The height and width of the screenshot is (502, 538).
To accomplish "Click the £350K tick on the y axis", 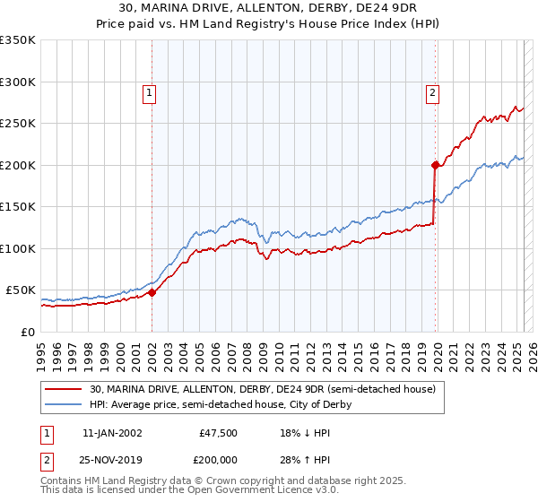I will [18, 40].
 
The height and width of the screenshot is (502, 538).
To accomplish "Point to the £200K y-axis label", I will [18, 165].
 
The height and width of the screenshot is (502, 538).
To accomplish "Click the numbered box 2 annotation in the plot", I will [432, 91].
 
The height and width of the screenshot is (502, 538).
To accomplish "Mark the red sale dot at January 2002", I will [152, 291].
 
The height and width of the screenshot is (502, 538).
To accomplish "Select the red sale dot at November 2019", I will [435, 165].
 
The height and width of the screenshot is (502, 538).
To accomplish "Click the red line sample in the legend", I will [65, 389].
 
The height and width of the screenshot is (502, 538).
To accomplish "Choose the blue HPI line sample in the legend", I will [65, 404].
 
